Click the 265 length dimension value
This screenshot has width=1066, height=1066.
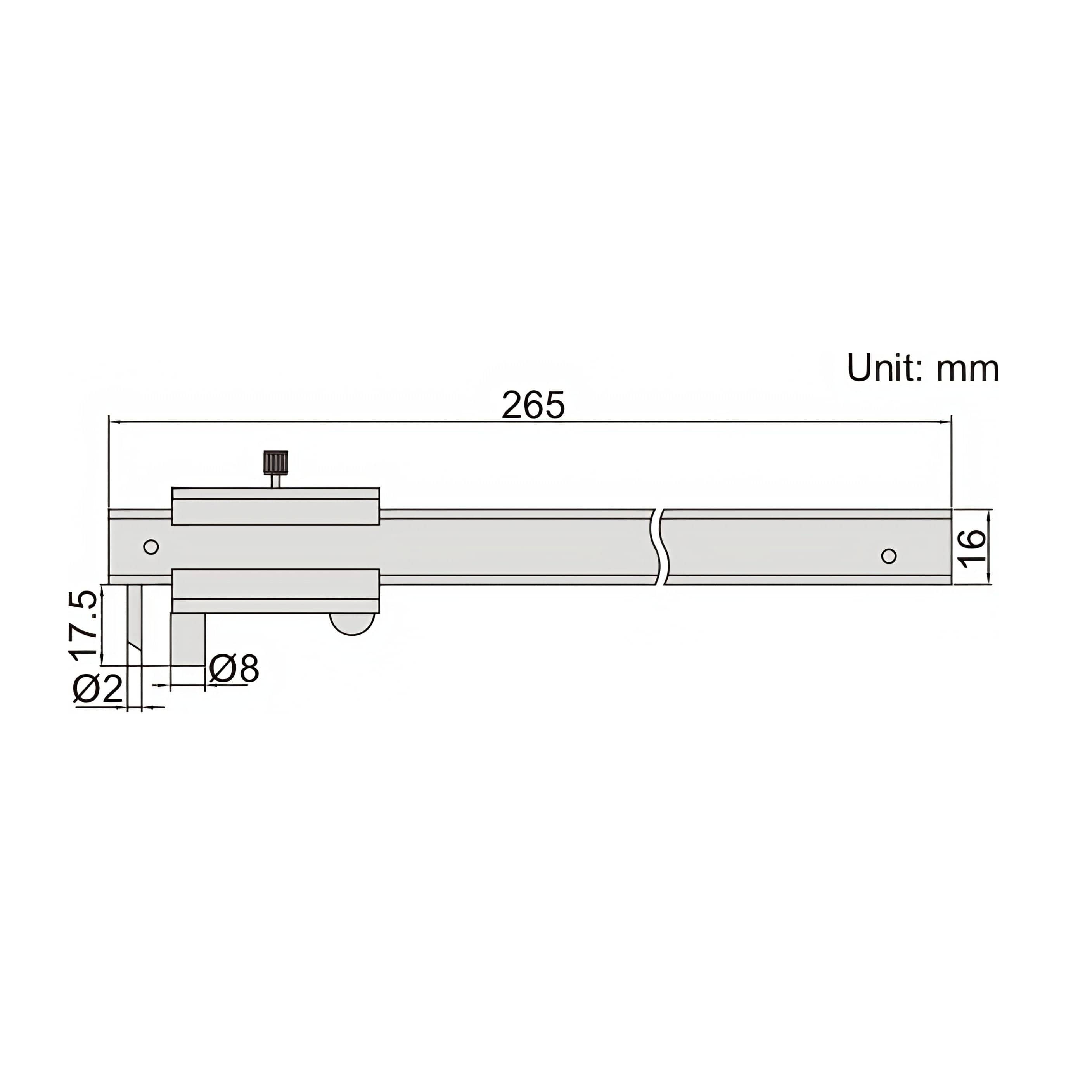click(x=533, y=405)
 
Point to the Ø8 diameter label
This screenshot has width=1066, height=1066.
click(x=234, y=669)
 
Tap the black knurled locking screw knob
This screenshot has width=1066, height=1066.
click(x=275, y=462)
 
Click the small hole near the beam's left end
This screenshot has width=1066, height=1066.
click(x=151, y=547)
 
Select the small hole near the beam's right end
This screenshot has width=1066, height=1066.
click(x=888, y=555)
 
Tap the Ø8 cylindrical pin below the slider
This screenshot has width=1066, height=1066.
click(x=188, y=639)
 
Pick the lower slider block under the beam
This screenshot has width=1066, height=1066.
click(x=275, y=590)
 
